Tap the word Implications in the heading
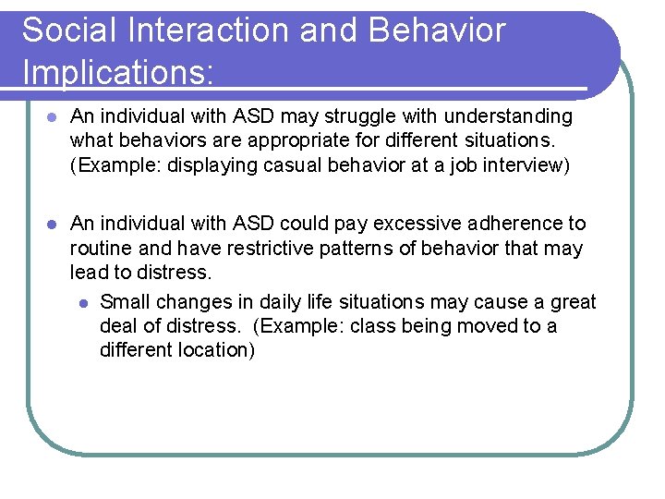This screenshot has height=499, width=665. point(117,71)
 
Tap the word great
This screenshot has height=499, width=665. point(574,302)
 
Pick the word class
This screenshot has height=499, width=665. point(375,326)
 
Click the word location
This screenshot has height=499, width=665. point(214,350)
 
